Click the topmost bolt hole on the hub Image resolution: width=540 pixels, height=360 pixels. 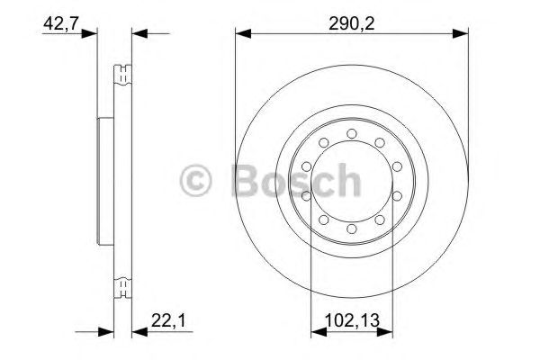coord(351,134)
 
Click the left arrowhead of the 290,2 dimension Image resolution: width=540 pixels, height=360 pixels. coord(240,34)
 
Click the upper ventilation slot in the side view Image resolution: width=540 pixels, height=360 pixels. coord(121,74)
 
